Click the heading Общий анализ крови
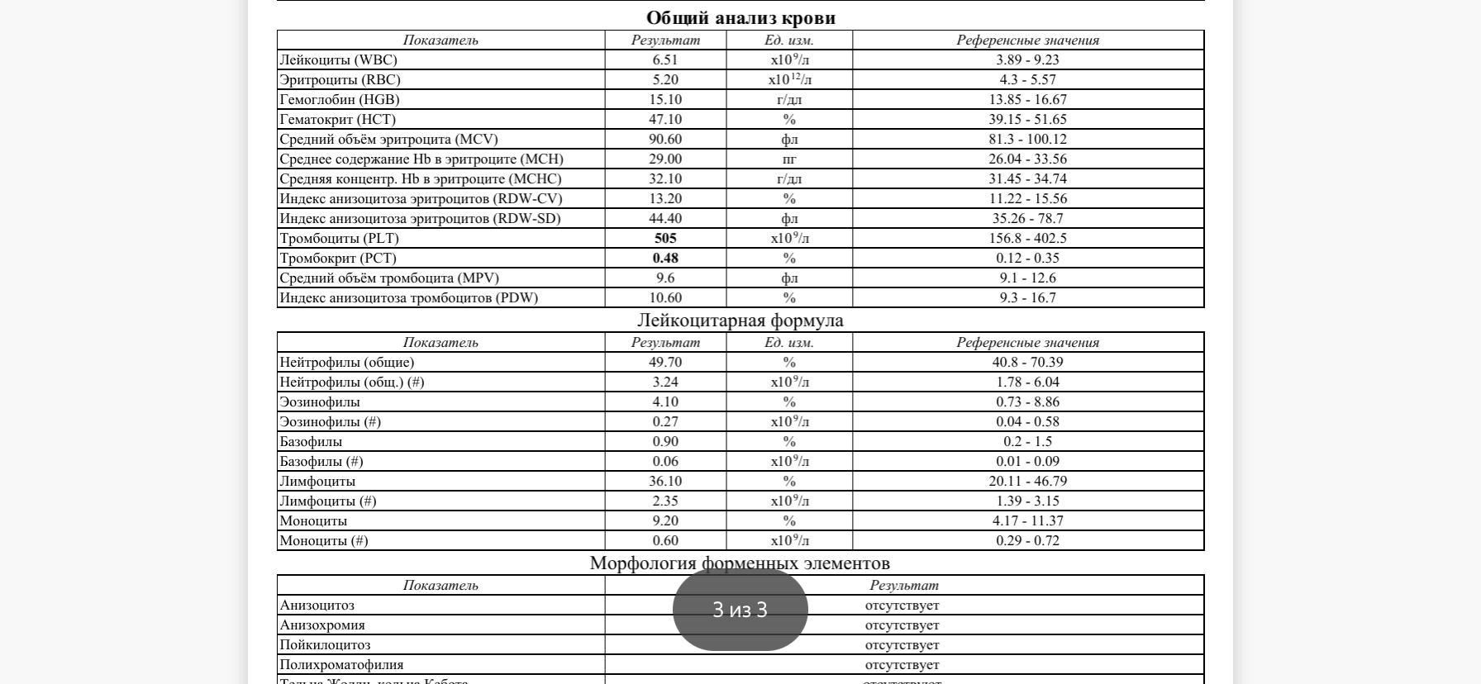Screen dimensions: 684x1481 click(x=740, y=17)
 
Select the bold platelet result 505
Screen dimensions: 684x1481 click(x=665, y=238)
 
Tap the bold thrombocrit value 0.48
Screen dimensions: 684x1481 click(x=665, y=258)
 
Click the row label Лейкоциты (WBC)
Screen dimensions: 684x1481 click(x=338, y=59)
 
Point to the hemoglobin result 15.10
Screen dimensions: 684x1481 click(x=665, y=99)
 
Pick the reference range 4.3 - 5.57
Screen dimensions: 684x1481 click(x=1027, y=79)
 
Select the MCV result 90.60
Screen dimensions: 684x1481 click(x=665, y=139)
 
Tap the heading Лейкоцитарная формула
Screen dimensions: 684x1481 click(x=740, y=320)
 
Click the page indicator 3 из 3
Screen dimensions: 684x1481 click(x=740, y=610)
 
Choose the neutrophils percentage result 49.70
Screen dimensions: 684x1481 click(x=665, y=362)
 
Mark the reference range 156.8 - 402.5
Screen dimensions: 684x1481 click(x=1027, y=238)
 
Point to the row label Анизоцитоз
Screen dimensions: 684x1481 click(x=317, y=605)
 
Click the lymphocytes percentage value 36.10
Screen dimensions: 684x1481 click(x=665, y=481)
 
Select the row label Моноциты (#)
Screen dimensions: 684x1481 click(x=324, y=540)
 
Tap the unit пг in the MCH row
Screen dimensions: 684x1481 click(x=789, y=159)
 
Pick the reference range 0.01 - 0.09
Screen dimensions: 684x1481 click(x=1027, y=461)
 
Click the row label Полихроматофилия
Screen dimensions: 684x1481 click(x=341, y=664)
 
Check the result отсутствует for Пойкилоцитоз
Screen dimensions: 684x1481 click(x=902, y=644)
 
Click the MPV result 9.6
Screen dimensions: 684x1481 click(x=665, y=278)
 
